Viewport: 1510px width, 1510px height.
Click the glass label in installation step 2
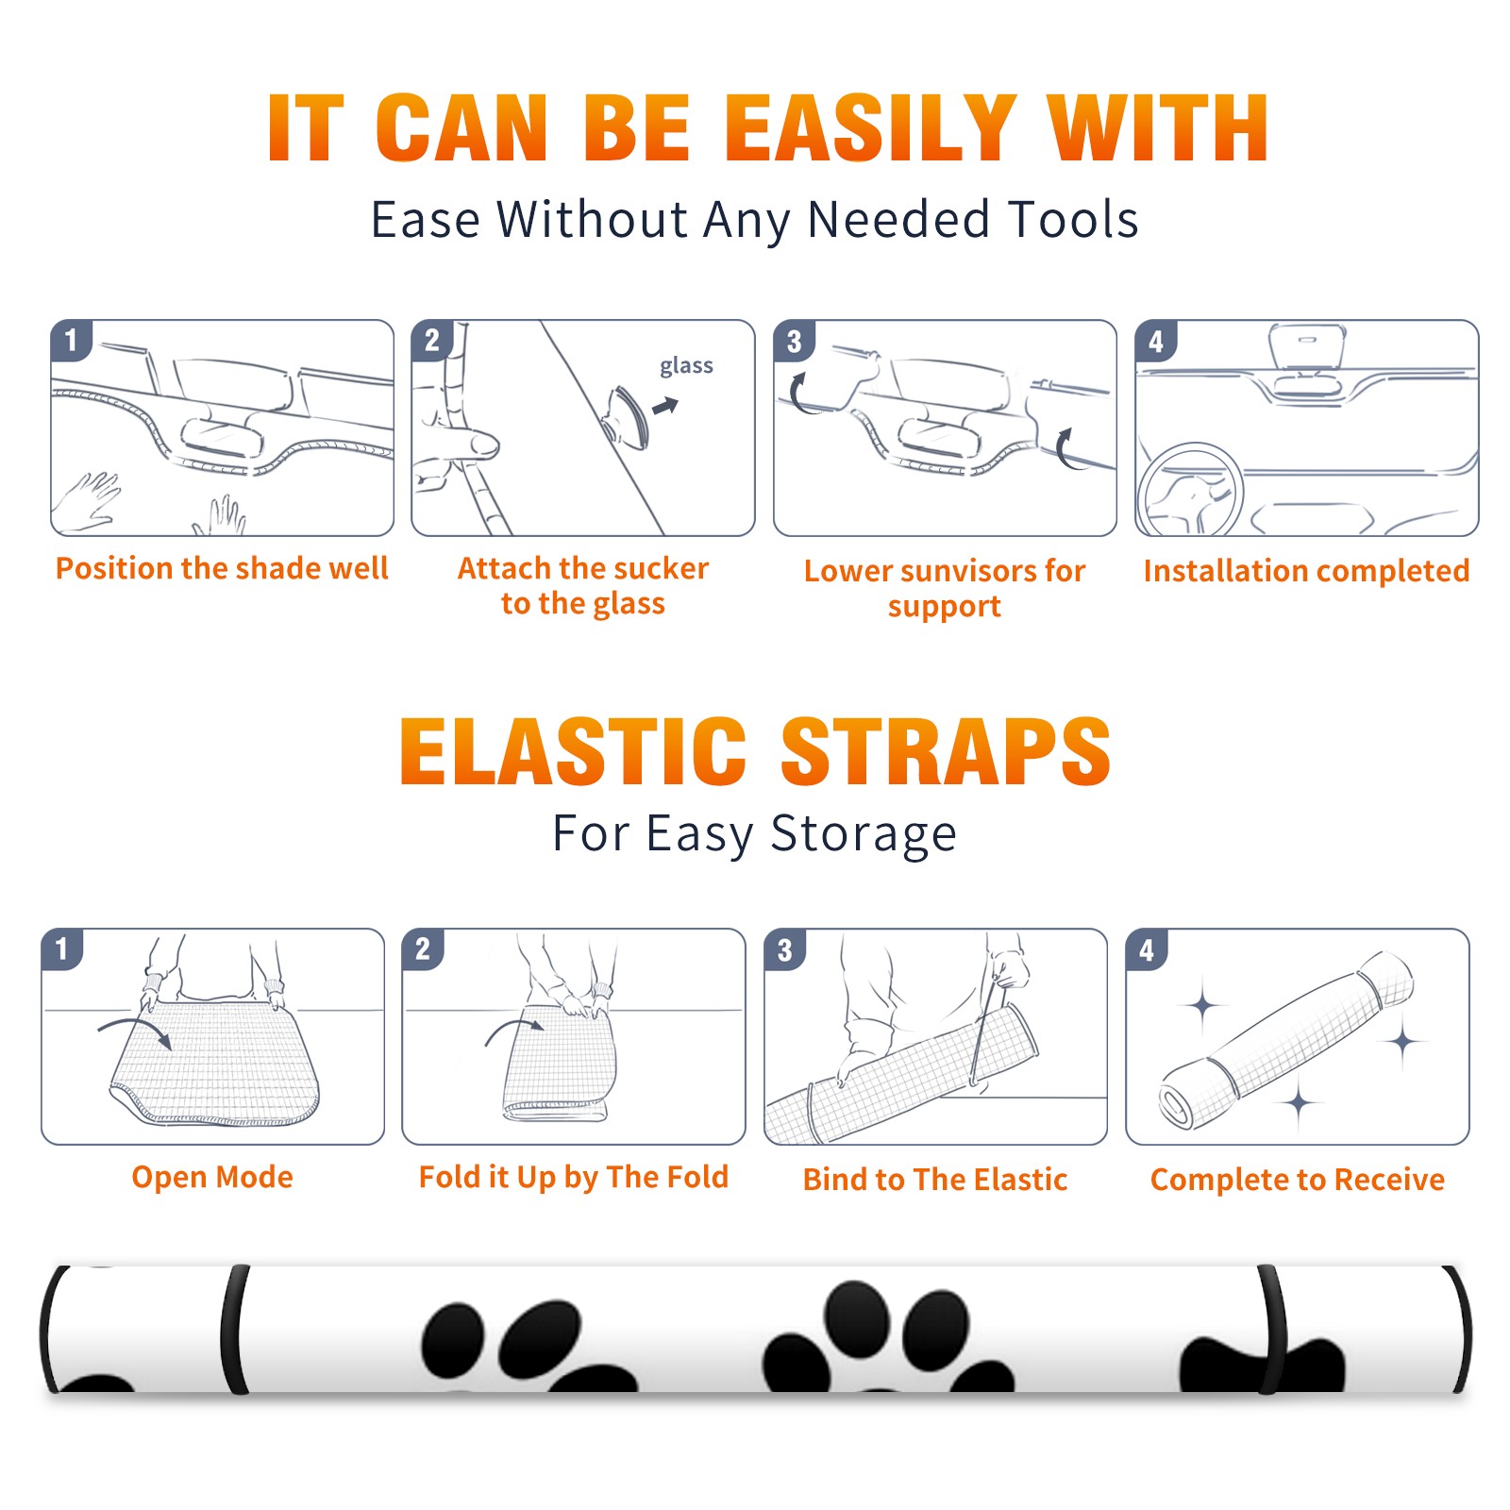[x=686, y=366]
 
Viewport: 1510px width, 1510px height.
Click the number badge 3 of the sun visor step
[x=794, y=341]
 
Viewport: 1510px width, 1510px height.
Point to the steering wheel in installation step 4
[x=1190, y=490]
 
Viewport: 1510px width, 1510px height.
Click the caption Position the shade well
[x=222, y=568]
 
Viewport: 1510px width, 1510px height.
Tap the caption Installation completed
[x=1306, y=571]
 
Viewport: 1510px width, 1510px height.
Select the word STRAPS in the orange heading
[x=946, y=751]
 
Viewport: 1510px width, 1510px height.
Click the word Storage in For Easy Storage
[x=864, y=834]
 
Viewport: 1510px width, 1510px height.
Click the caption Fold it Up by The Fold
[x=574, y=1177]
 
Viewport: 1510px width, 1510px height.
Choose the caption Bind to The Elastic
[x=935, y=1180]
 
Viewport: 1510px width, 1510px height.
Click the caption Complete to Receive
[x=1298, y=1180]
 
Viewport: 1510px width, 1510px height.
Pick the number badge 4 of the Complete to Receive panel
[x=1147, y=949]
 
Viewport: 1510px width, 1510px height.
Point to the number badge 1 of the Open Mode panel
[x=62, y=949]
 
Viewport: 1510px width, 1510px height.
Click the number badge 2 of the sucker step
[x=432, y=341]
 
